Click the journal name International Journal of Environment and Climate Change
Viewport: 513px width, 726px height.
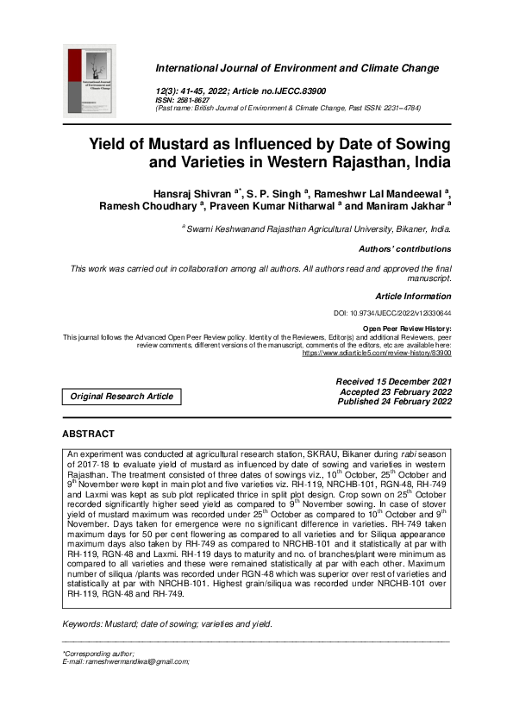pyautogui.click(x=297, y=68)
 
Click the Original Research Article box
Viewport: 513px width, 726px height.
pyautogui.click(x=122, y=397)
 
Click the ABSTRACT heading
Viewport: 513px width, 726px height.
pyautogui.click(x=89, y=434)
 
